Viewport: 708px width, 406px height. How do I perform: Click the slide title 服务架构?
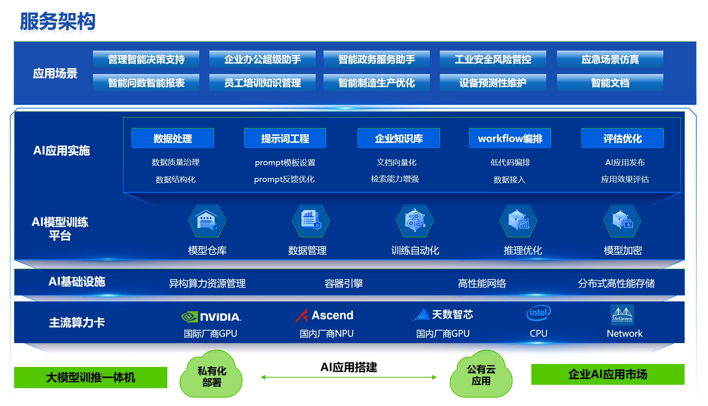pos(58,21)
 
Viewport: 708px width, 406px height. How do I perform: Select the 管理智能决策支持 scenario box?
pos(146,59)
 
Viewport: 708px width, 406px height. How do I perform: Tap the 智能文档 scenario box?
pos(610,83)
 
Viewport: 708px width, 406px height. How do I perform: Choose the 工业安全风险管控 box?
pos(493,59)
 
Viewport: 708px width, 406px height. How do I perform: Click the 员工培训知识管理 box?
pos(262,83)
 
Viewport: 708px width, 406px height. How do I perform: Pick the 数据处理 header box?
pos(173,138)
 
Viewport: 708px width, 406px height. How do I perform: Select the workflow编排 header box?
pos(510,138)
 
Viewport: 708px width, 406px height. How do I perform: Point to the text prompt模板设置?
pos(285,163)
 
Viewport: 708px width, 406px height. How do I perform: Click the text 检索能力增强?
pos(395,179)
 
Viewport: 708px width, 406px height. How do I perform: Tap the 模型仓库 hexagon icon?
pos(207,221)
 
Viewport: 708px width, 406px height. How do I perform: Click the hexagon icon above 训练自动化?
pos(415,221)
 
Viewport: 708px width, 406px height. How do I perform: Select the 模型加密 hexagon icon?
pos(622,221)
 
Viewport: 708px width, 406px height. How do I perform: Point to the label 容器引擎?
pos(344,284)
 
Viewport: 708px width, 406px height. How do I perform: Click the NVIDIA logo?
pos(211,317)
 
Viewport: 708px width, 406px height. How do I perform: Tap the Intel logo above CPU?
pos(538,313)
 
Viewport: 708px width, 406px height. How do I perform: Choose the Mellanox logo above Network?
pos(622,315)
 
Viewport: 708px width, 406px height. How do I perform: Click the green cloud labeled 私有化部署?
pos(211,375)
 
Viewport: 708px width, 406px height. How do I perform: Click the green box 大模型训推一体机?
pos(90,377)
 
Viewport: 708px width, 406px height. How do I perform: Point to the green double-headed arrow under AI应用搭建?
pos(349,377)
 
